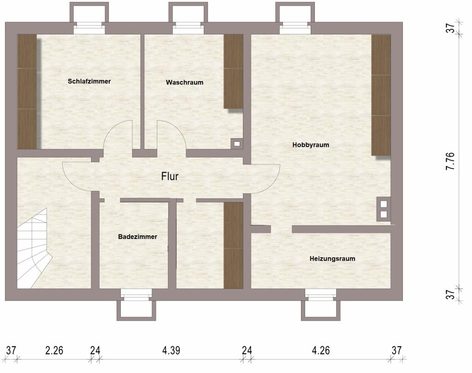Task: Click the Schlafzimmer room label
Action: (89, 81)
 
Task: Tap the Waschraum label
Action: (184, 82)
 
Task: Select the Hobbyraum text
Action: (311, 145)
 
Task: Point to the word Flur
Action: (170, 176)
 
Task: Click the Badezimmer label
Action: (137, 237)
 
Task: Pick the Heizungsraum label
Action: (332, 259)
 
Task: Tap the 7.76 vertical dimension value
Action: (450, 161)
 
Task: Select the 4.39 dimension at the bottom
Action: (171, 350)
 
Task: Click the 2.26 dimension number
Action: (54, 350)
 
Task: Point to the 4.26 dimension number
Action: (321, 350)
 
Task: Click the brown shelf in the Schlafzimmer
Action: (27, 92)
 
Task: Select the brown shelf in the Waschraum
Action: (233, 71)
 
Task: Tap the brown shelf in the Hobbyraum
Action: (381, 95)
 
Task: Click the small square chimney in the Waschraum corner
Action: (237, 144)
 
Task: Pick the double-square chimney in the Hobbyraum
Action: (383, 209)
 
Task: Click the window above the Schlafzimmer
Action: (89, 28)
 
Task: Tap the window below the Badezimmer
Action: (136, 295)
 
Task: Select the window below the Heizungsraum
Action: (321, 295)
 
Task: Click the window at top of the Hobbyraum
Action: (295, 28)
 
